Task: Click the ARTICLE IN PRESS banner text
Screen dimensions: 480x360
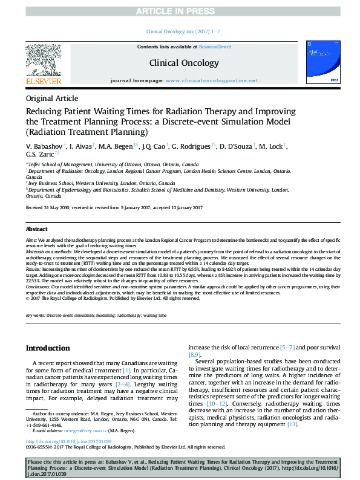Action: (179, 11)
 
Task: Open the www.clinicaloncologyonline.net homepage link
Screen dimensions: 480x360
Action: (211, 80)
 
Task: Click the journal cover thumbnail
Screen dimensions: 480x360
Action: (324, 62)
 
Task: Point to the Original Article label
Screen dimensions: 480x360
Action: (51, 98)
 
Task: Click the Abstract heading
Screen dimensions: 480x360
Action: (36, 229)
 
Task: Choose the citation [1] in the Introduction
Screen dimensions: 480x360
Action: (126, 370)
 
